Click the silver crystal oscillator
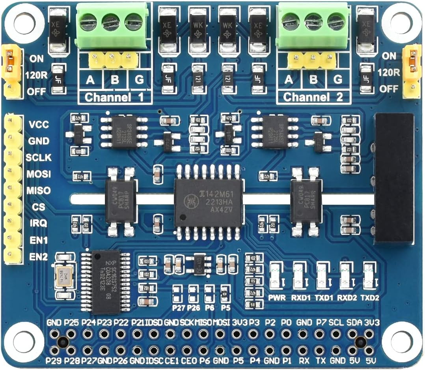[x=64, y=273]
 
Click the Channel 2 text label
[x=313, y=97]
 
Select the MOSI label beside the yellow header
[x=38, y=174]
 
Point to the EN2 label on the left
[x=38, y=257]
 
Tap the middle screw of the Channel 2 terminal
[x=313, y=21]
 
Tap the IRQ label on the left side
[x=38, y=223]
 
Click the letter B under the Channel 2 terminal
[x=313, y=80]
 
